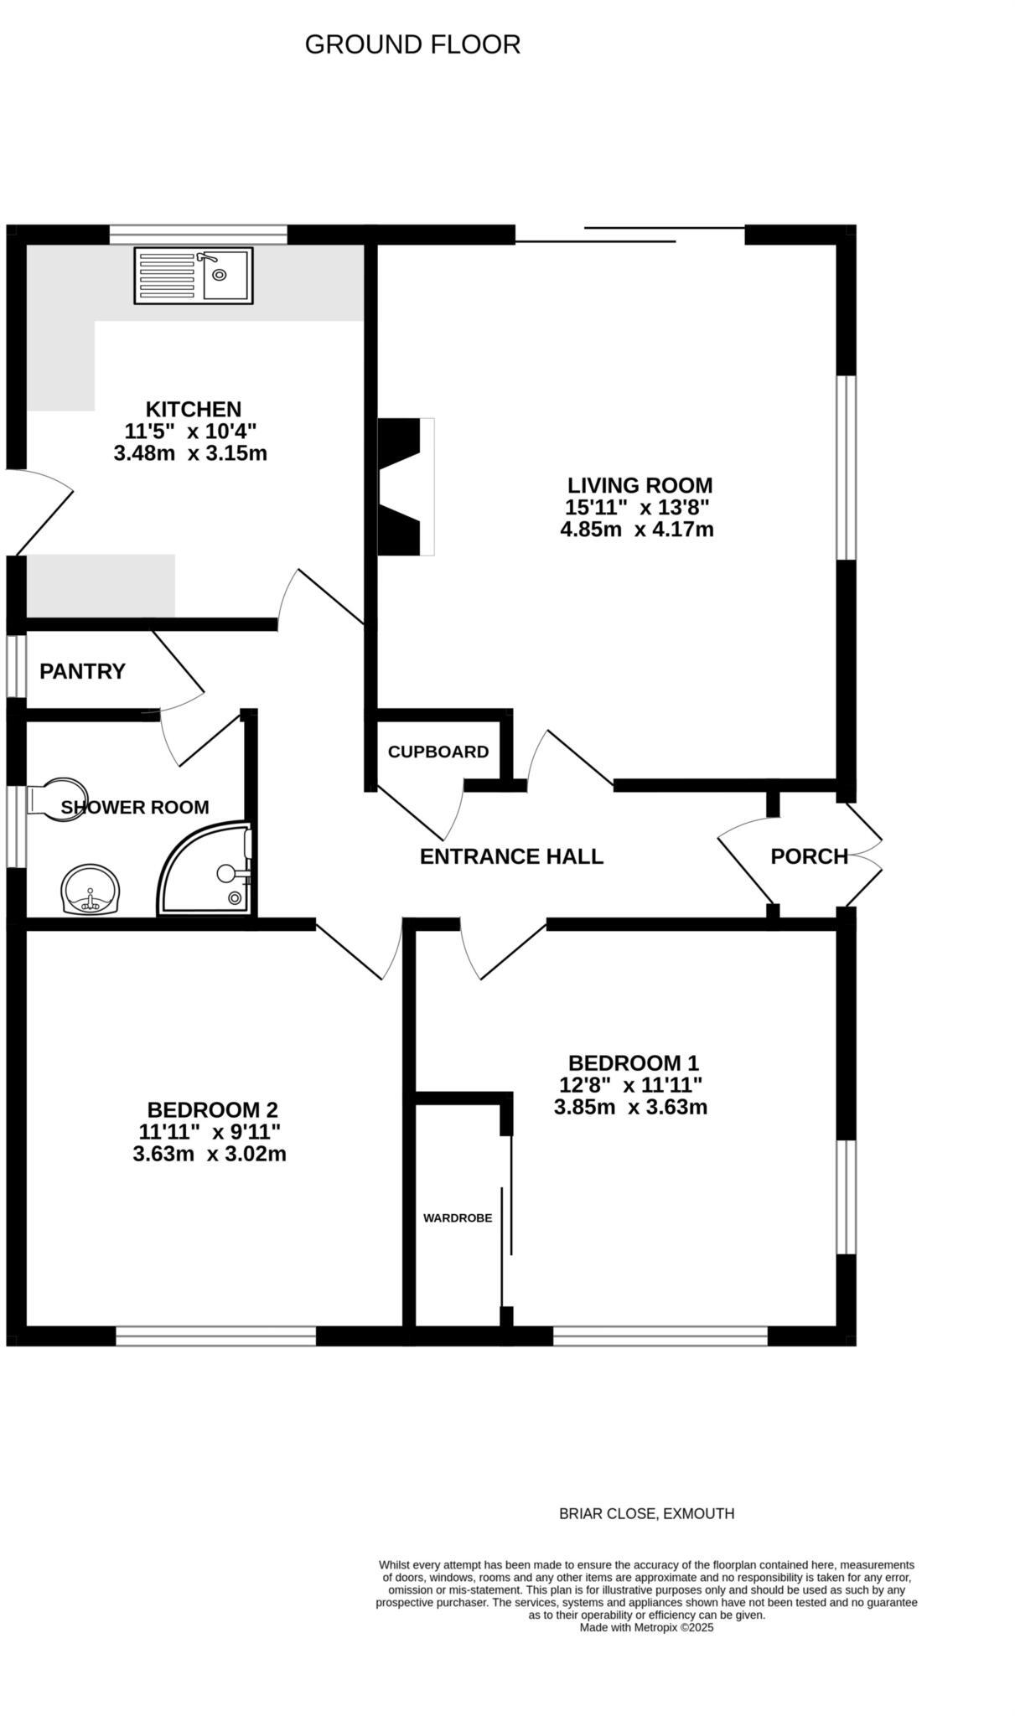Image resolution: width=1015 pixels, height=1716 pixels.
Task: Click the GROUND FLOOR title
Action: point(412,44)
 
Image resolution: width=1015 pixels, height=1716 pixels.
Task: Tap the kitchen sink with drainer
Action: point(193,276)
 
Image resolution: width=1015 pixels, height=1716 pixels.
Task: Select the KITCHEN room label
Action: point(194,409)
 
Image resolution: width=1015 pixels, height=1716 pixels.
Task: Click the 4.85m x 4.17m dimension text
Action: point(637,530)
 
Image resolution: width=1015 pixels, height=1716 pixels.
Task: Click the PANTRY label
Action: point(82,671)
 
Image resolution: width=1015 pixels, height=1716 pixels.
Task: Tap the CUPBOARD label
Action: point(438,752)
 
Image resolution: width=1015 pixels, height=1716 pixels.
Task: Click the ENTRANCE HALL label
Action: point(511,856)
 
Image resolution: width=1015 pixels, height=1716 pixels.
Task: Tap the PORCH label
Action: point(809,856)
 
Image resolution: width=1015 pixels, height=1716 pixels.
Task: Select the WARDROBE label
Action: point(458,1218)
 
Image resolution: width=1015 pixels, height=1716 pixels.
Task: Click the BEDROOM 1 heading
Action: point(633,1062)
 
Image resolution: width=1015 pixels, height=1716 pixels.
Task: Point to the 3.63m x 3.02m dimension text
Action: point(210,1154)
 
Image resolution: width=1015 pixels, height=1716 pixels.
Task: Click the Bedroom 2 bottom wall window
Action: point(215,1336)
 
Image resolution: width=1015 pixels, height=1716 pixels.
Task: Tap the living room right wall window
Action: point(847,467)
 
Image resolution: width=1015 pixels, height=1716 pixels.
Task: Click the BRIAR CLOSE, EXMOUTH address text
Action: point(646,1513)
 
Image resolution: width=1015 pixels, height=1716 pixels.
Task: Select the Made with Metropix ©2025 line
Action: point(646,1627)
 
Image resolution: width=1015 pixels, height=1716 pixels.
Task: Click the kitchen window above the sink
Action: point(199,233)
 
